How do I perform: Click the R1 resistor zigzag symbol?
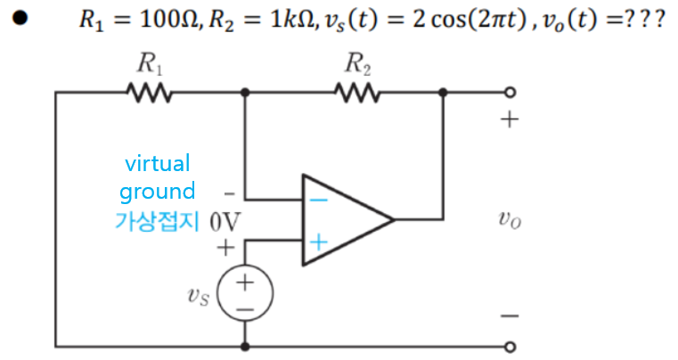click(148, 92)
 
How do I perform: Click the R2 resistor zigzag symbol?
click(357, 92)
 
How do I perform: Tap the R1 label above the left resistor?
click(148, 63)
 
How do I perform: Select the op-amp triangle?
click(342, 219)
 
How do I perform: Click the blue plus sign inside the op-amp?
click(318, 241)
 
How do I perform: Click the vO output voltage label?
click(510, 219)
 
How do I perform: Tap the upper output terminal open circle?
click(510, 92)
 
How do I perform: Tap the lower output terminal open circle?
click(510, 346)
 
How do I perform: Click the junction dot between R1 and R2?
click(245, 92)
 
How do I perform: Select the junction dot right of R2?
click(443, 92)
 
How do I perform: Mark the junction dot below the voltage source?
click(245, 346)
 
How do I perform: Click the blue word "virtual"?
click(158, 164)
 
